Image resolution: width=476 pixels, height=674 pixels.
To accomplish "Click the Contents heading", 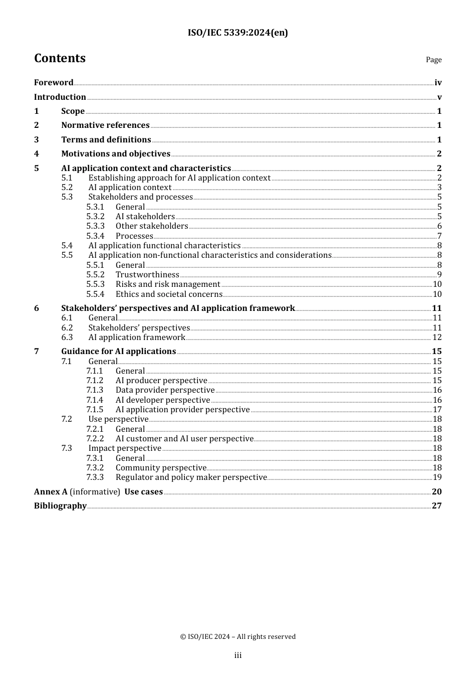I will pyautogui.click(x=60, y=58).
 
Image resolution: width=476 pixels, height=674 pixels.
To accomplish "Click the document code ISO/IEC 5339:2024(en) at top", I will pyautogui.click(x=237, y=33).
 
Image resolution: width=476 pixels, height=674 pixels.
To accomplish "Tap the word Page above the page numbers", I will pyautogui.click(x=433, y=60).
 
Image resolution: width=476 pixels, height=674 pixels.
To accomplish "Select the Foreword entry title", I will pyautogui.click(x=54, y=83).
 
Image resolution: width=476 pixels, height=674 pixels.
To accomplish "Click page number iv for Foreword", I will pyautogui.click(x=438, y=83).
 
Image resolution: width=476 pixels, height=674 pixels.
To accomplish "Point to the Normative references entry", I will pyautogui.click(x=105, y=125).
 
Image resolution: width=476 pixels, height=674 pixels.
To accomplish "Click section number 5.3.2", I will pyautogui.click(x=95, y=217).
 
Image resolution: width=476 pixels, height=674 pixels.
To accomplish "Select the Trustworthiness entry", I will pyautogui.click(x=147, y=275).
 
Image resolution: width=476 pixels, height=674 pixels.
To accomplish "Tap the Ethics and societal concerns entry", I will pyautogui.click(x=169, y=294).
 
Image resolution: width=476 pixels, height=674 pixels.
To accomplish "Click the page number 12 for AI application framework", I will pyautogui.click(x=437, y=338).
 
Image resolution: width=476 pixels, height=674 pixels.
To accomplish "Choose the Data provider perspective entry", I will pyautogui.click(x=165, y=390).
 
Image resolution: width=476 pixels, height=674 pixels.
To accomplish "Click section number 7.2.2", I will pyautogui.click(x=95, y=439).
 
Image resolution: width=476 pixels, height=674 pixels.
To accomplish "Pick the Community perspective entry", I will pyautogui.click(x=161, y=468).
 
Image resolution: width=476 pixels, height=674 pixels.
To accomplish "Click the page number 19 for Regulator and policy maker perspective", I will pyautogui.click(x=437, y=477).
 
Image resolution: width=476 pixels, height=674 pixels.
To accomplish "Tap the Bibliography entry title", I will pyautogui.click(x=60, y=506).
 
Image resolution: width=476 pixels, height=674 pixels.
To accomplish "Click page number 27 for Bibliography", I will pyautogui.click(x=437, y=506).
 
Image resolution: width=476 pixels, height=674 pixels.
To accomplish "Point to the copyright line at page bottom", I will pyautogui.click(x=237, y=637).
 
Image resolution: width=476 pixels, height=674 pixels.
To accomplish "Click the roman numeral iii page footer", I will pyautogui.click(x=237, y=655).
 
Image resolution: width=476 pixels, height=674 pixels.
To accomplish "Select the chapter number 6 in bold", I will pyautogui.click(x=37, y=308).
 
